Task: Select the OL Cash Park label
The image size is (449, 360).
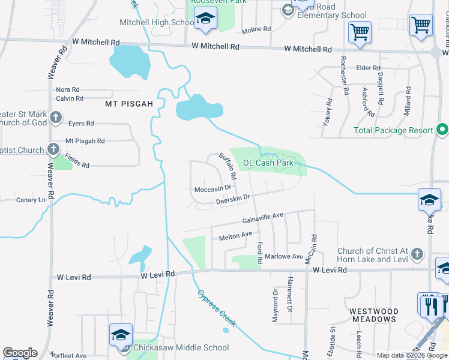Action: coord(268,163)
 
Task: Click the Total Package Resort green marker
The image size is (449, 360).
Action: coord(442,130)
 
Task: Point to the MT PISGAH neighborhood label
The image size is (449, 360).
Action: coord(129,104)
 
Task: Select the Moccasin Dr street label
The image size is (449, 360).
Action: coord(213,189)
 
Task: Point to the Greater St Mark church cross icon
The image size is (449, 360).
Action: coord(56,118)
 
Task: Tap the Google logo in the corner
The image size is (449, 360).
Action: coord(20,353)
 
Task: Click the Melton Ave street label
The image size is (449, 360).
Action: coord(235,237)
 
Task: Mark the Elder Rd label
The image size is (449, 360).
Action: coord(369,68)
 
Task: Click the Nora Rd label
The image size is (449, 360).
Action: coord(67,89)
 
